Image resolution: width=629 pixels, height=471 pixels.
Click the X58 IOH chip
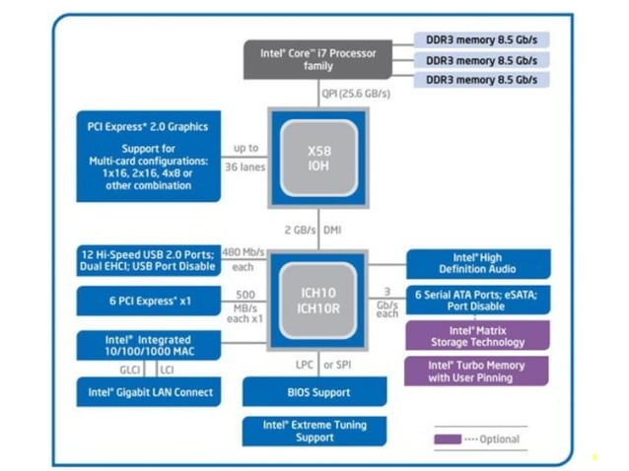[x=317, y=156]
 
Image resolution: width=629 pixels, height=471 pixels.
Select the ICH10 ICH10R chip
[x=317, y=299]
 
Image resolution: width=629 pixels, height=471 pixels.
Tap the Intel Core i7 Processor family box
[x=323, y=60]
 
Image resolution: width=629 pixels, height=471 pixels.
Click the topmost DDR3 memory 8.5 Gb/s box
[x=481, y=39]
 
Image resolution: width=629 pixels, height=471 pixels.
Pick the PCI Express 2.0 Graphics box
[x=148, y=156]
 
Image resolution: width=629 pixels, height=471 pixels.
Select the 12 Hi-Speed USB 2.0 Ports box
[x=148, y=260]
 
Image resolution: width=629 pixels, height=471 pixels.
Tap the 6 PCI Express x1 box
[x=148, y=301]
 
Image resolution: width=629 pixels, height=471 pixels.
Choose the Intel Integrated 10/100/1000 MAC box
[x=148, y=346]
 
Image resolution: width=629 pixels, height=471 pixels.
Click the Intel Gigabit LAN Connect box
[x=148, y=392]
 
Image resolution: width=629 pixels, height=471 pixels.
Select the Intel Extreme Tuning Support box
[x=314, y=431]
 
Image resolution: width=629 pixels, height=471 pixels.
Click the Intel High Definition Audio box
[x=477, y=263]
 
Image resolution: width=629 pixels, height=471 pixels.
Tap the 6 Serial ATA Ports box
[x=477, y=300]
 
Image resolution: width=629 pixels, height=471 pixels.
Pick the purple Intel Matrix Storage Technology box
[x=477, y=336]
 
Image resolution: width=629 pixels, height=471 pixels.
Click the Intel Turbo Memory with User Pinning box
[x=477, y=371]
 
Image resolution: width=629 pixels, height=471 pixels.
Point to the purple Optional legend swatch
[x=451, y=439]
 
